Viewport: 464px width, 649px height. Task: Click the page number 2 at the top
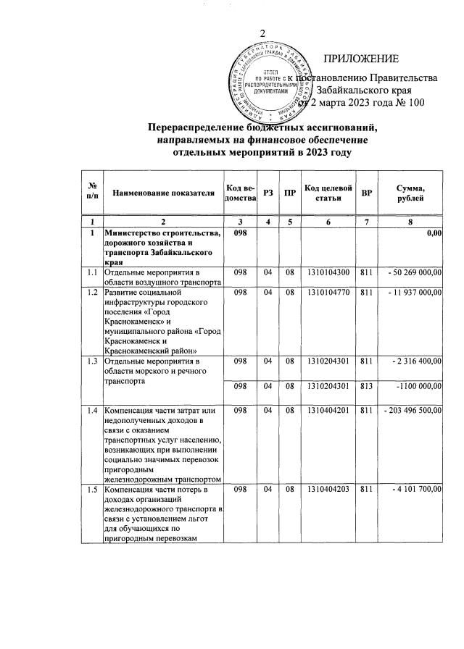click(x=263, y=32)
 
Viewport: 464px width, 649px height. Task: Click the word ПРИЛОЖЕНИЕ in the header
click(x=360, y=59)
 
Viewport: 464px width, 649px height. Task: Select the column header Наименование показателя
click(x=164, y=193)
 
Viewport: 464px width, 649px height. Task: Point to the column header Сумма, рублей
click(x=411, y=193)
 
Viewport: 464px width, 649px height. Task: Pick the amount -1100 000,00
click(x=416, y=387)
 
